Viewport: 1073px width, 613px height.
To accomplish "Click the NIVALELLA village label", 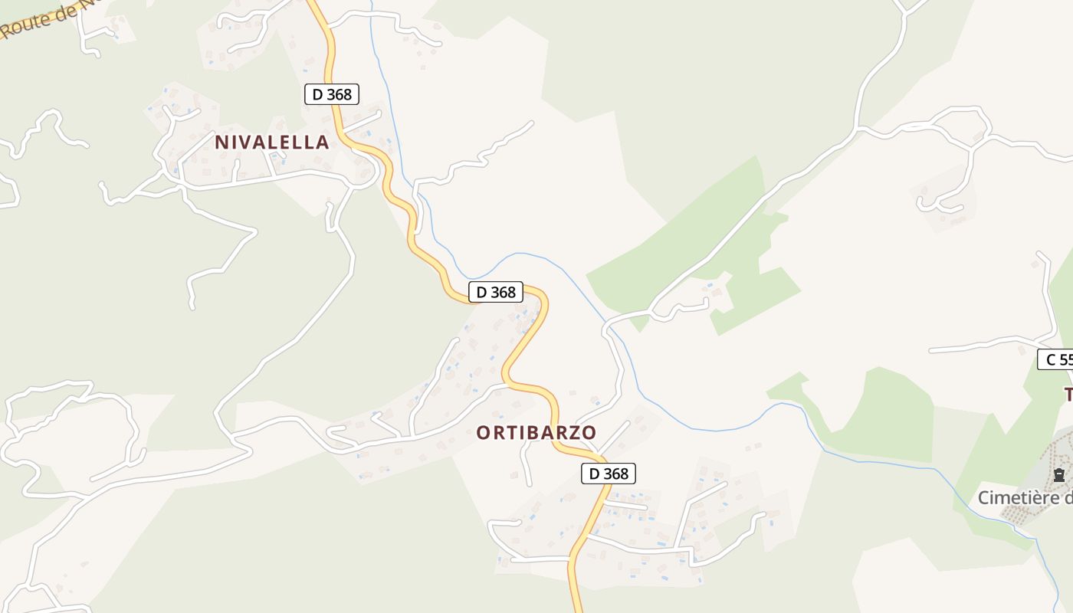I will click(272, 142).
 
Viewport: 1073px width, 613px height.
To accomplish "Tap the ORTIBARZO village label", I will click(536, 432).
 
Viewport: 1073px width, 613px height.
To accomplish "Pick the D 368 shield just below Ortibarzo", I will click(609, 474).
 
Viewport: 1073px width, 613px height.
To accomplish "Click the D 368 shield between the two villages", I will click(496, 292).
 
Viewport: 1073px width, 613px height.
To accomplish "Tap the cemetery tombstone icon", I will click(1059, 475).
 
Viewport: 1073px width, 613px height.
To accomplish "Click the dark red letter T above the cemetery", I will click(1068, 395).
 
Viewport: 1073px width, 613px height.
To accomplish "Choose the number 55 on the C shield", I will click(1064, 359).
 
